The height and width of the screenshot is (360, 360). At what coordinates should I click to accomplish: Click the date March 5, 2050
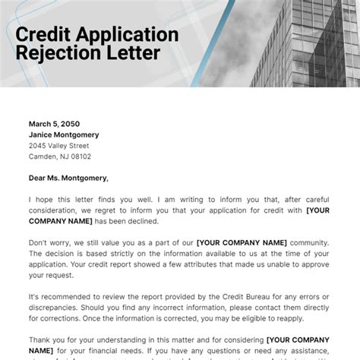coord(54,124)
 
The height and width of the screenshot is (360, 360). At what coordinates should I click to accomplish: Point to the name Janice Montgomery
coord(64,134)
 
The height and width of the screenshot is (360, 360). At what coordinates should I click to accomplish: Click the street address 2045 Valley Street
coord(59,146)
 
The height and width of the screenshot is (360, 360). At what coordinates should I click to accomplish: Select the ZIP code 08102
coord(79,156)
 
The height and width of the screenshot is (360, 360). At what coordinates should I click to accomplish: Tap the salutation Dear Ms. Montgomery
coord(69,178)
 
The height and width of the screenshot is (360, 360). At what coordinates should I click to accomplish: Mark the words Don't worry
coord(49,242)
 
